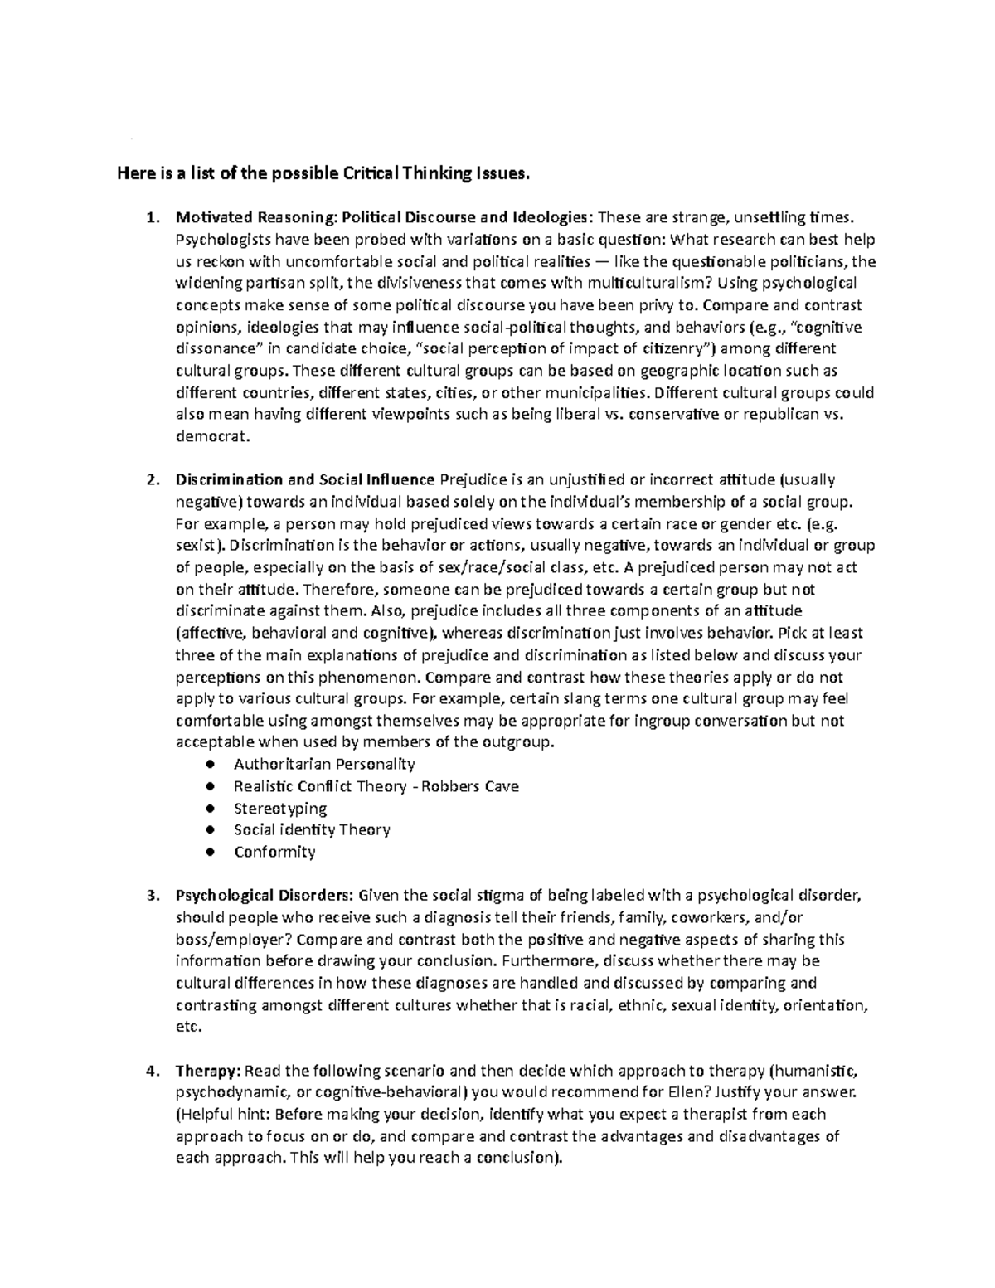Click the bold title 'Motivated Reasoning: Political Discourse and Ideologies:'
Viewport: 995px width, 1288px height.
tap(384, 218)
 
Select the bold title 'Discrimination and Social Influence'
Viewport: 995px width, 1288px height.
tap(304, 479)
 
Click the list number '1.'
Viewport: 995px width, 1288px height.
tap(150, 218)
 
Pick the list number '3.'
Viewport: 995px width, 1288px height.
tap(150, 896)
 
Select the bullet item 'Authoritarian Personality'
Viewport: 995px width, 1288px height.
tap(324, 764)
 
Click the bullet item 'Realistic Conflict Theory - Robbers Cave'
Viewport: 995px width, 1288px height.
tap(376, 786)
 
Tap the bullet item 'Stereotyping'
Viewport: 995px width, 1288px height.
tap(280, 808)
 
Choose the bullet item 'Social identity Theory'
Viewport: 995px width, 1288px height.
tap(312, 829)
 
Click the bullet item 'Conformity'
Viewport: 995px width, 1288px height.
tap(274, 852)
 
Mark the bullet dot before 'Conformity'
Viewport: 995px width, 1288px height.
tap(213, 852)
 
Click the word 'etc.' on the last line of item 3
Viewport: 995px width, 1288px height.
tap(188, 1027)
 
